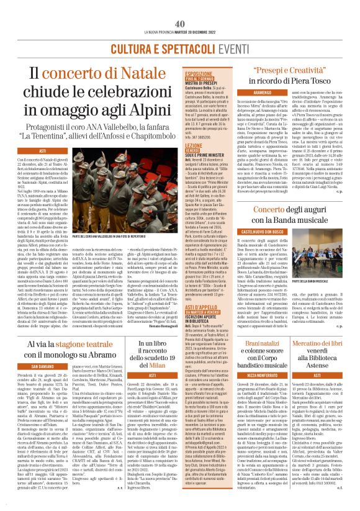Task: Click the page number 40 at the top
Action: pyautogui.click(x=179, y=6)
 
